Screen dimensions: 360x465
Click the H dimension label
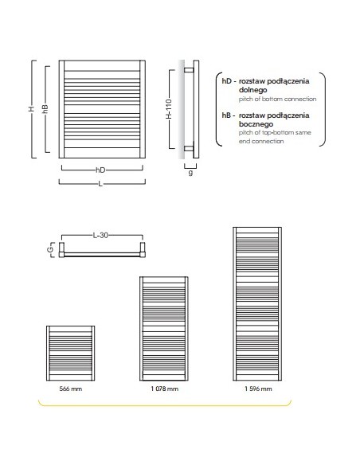click(x=31, y=109)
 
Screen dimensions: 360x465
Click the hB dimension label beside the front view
click(x=45, y=109)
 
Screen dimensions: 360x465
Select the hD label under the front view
click(x=100, y=170)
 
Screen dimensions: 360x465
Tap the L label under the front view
click(x=100, y=184)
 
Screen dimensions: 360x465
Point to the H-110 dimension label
click(x=169, y=109)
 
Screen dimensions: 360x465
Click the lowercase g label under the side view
click(x=190, y=172)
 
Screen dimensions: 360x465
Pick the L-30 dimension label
click(x=100, y=236)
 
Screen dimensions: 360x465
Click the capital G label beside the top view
click(x=51, y=249)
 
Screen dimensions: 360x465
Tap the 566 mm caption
click(x=71, y=389)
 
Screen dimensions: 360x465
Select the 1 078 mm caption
click(x=165, y=389)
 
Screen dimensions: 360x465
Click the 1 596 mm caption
click(x=258, y=389)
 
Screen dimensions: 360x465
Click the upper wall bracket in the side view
click(x=189, y=70)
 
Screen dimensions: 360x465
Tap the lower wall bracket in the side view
click(x=189, y=149)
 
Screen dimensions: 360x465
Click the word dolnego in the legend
click(x=253, y=89)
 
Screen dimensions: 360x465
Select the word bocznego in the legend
click(x=256, y=124)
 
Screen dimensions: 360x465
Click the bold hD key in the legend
click(x=226, y=81)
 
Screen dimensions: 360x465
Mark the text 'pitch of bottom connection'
click(x=277, y=99)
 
